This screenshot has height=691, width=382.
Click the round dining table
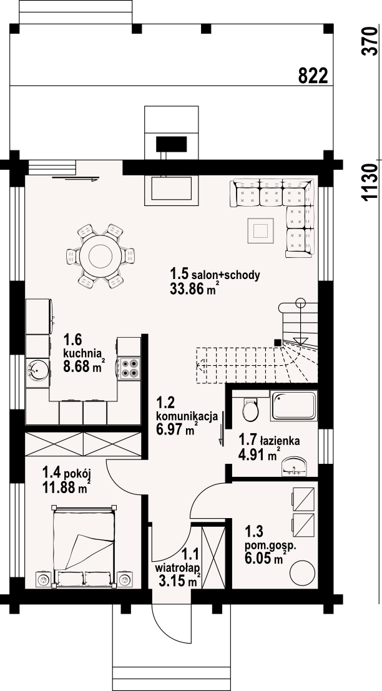tap(100, 255)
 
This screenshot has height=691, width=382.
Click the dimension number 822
tap(313, 76)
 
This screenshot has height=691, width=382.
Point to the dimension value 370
tap(370, 41)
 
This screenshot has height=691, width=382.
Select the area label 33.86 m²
tap(194, 289)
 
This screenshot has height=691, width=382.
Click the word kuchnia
tap(83, 353)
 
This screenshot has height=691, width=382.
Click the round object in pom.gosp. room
tap(301, 572)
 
